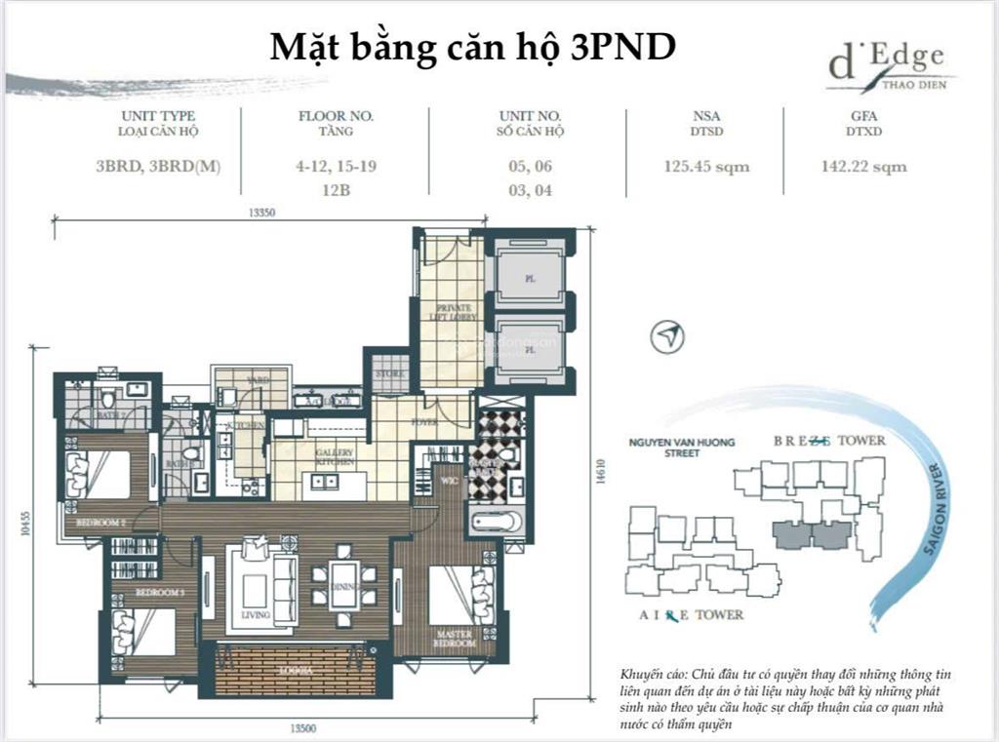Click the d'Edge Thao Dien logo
coord(887,67)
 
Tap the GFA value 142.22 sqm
coord(863,167)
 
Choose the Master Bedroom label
coord(455,640)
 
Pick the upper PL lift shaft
coord(530,277)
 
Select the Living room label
coord(256,615)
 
